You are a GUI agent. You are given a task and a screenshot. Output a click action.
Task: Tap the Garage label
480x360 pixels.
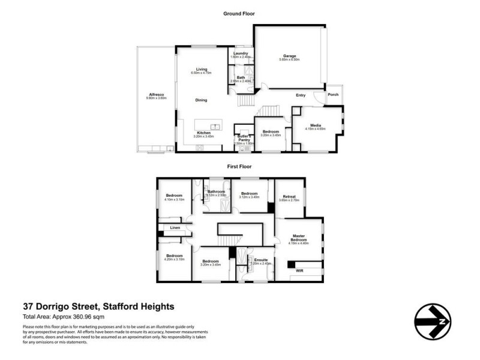coord(290,56)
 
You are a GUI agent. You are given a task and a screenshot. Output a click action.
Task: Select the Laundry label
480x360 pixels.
coord(242,53)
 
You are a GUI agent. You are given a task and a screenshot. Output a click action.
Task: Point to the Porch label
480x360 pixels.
coord(333,94)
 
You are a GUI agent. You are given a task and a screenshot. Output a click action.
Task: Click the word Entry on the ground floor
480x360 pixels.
coord(301,95)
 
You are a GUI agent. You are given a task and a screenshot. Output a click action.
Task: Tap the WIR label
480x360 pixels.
coord(300,271)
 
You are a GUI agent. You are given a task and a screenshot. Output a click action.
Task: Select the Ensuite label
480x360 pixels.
coord(260,259)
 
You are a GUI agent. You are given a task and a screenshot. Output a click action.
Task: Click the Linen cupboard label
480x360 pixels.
coord(175,227)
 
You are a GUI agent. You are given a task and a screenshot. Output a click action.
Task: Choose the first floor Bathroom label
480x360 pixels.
coord(216,191)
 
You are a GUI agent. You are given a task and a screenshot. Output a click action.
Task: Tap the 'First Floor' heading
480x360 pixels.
coord(239,166)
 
